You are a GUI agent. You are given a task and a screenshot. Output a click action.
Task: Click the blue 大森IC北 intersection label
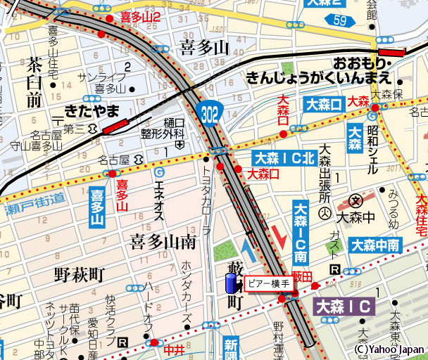[284, 158]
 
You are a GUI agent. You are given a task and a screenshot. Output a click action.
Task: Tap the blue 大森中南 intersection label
[376, 245]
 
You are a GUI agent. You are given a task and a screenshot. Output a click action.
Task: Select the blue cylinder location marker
[230, 285]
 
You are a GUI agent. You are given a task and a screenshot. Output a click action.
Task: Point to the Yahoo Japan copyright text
[389, 348]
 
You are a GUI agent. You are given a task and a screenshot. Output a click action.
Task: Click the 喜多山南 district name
[163, 243]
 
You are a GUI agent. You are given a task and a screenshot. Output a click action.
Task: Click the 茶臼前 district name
[34, 82]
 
